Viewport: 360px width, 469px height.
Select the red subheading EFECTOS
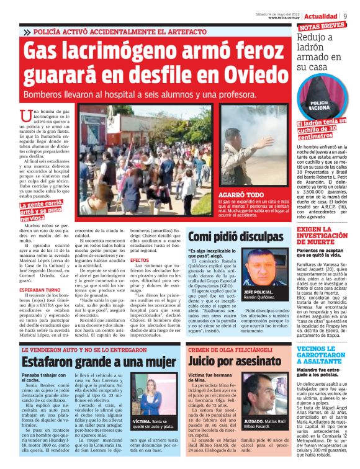coord(139,259)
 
